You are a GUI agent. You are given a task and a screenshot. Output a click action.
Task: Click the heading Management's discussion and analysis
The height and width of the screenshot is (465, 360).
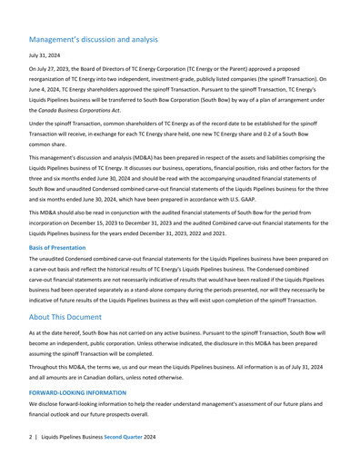93,40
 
